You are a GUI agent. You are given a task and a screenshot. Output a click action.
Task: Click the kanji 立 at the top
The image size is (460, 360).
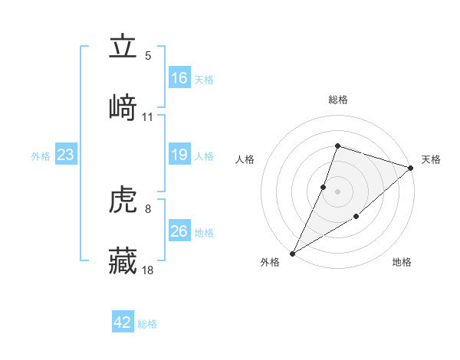tap(123, 47)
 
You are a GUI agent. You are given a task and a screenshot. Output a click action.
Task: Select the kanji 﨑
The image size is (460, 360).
tap(123, 107)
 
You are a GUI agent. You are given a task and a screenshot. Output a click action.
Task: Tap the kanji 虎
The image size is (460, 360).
tap(123, 201)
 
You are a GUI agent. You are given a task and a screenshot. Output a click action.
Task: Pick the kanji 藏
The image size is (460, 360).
tap(123, 260)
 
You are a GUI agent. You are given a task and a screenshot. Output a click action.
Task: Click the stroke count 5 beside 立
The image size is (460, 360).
tap(148, 56)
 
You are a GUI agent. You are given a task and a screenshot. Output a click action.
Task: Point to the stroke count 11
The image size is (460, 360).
tap(148, 116)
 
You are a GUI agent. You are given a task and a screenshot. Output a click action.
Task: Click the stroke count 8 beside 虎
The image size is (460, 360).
tap(148, 208)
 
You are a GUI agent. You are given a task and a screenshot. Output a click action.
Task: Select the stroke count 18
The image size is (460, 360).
tap(148, 270)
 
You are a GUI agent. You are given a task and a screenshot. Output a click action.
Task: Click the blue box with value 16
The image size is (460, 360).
tap(179, 78)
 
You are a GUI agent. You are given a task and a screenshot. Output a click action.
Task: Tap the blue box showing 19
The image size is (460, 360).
tap(179, 155)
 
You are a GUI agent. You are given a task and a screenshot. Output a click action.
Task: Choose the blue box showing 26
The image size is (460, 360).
tap(179, 231)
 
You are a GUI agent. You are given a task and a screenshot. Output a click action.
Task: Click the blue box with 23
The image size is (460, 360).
tap(66, 155)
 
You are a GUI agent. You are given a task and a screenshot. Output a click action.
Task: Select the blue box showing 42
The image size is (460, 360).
tap(123, 322)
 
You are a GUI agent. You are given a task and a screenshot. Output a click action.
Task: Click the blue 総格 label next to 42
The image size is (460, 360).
tap(147, 324)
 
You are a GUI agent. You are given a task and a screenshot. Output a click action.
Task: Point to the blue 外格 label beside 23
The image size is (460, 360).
tap(41, 156)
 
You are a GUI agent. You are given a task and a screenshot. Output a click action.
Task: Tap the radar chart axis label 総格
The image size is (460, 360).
tap(337, 100)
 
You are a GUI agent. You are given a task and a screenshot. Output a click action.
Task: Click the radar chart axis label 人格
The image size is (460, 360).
tap(245, 159)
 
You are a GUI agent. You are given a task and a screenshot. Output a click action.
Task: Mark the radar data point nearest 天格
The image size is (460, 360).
tap(410, 168)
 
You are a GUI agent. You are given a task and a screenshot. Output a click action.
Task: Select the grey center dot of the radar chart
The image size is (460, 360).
tap(337, 191)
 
